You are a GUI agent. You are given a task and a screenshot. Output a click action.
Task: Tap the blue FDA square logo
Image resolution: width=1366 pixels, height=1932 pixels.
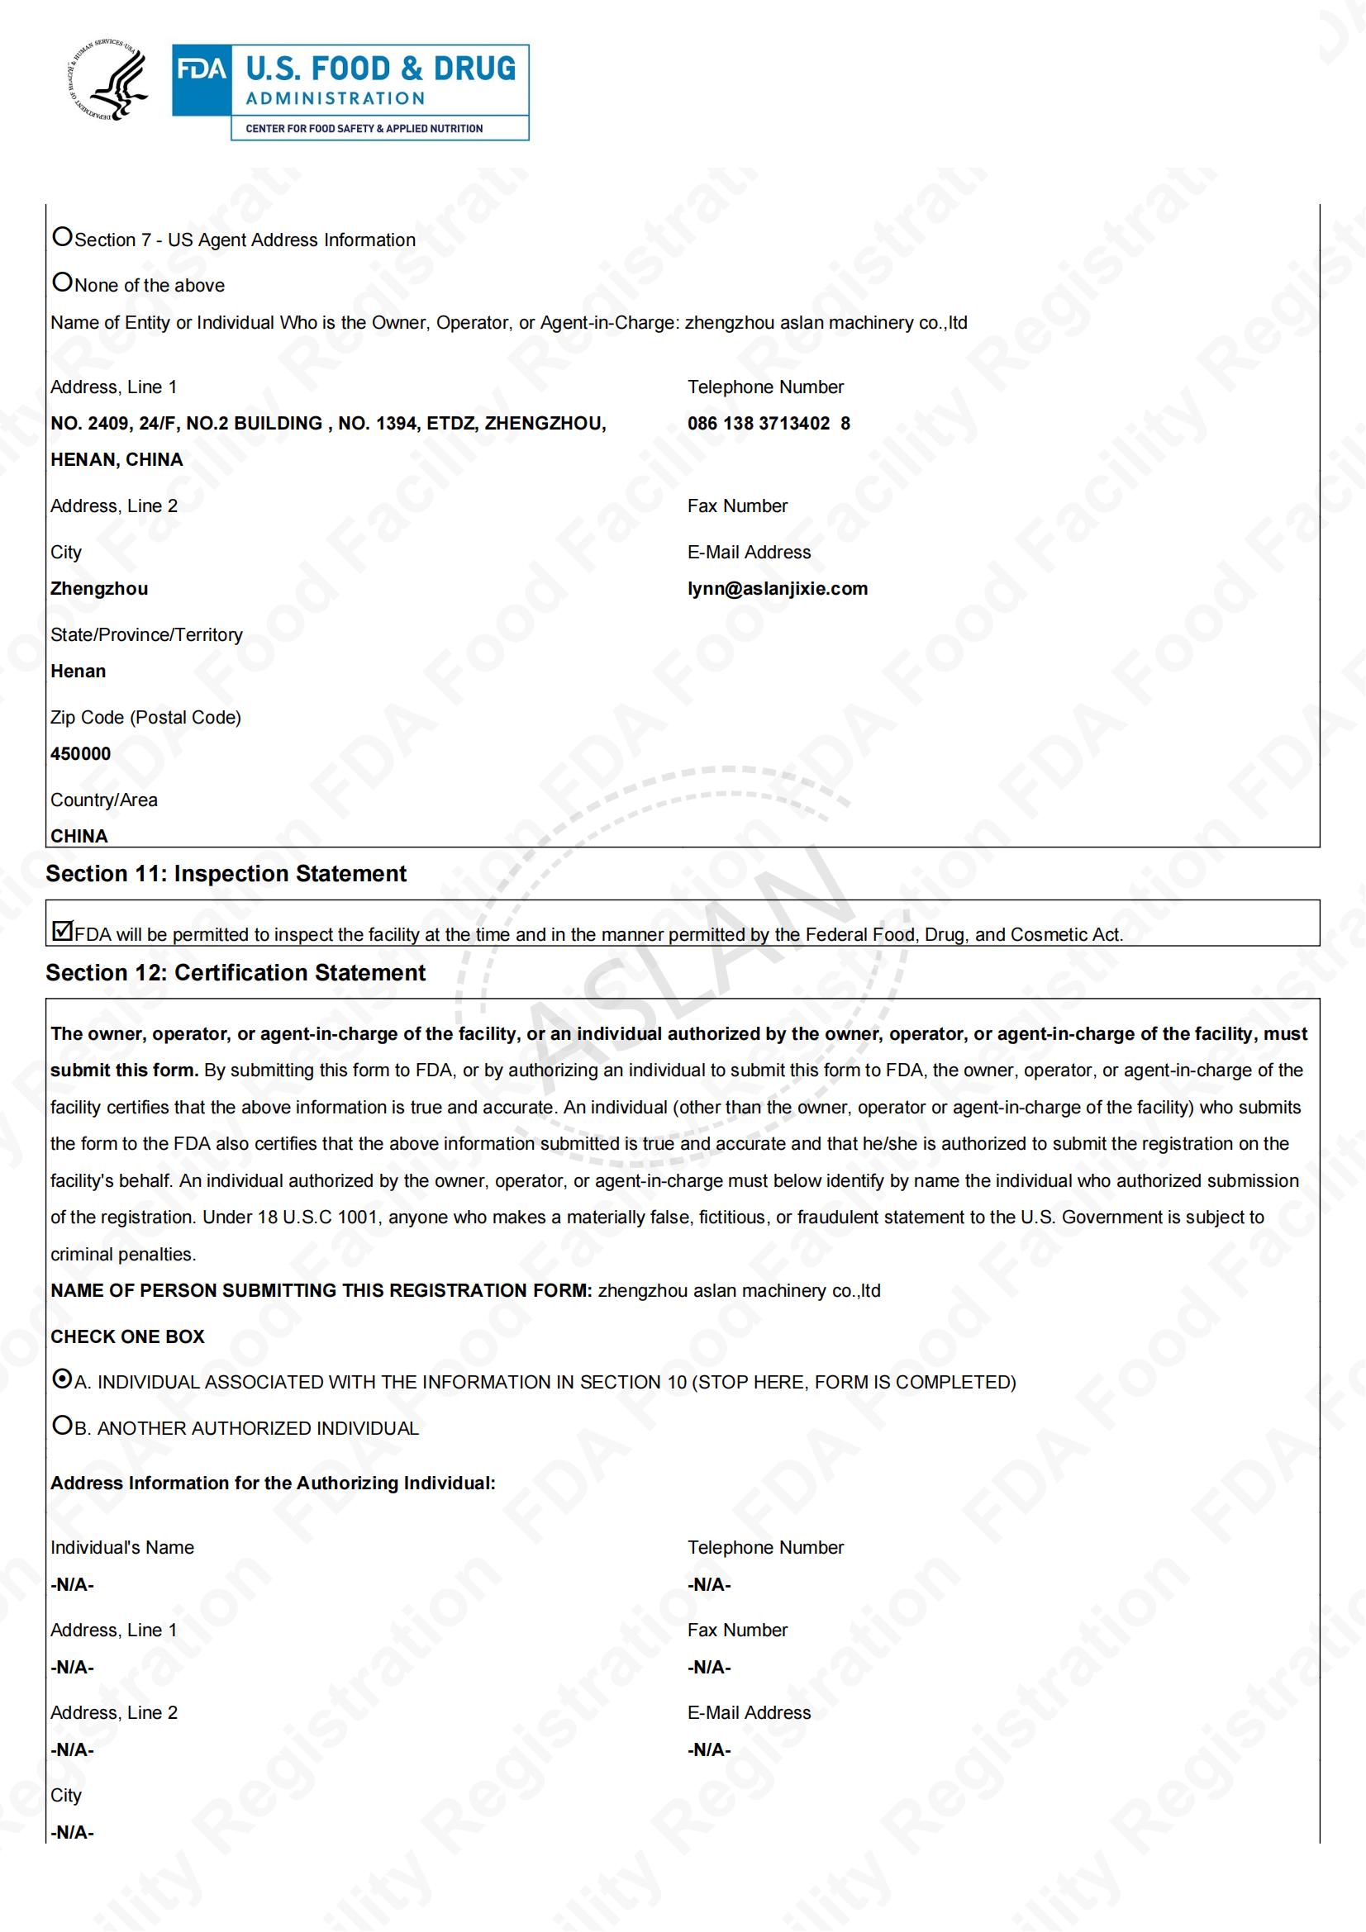tap(201, 81)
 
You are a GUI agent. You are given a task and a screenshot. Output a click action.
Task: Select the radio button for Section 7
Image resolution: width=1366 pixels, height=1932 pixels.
tap(62, 237)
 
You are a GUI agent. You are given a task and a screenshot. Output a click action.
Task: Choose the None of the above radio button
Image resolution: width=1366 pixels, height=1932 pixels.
tap(62, 282)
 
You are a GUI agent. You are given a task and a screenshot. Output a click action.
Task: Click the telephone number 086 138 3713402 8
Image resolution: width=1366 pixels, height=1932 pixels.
tap(769, 423)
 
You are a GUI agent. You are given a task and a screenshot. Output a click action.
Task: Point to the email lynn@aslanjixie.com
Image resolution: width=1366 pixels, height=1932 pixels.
tap(777, 589)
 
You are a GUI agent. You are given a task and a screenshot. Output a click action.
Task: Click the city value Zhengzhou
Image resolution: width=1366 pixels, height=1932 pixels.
tap(99, 589)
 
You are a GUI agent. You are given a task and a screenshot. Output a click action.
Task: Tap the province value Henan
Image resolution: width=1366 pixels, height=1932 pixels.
tap(79, 672)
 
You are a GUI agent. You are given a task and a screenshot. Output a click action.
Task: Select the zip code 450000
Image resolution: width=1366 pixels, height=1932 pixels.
tap(81, 754)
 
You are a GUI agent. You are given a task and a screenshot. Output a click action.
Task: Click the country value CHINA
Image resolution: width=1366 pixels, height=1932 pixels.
tap(79, 837)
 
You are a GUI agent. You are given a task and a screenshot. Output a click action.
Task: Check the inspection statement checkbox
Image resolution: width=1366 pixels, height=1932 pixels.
tap(62, 931)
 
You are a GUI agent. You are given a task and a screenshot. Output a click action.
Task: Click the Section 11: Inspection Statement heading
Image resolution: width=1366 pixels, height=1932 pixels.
tap(226, 874)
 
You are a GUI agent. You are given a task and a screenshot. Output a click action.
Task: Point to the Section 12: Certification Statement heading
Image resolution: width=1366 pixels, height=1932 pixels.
tap(236, 974)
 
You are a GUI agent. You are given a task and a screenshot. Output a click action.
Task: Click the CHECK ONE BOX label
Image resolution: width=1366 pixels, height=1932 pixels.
tap(127, 1337)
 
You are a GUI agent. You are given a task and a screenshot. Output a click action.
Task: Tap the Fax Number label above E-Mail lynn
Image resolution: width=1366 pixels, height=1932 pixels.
tap(737, 506)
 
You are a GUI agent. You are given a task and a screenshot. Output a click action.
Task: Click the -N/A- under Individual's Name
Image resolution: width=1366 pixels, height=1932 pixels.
tap(73, 1585)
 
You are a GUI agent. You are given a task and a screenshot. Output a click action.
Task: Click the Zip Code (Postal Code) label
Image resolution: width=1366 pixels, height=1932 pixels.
tap(145, 718)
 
